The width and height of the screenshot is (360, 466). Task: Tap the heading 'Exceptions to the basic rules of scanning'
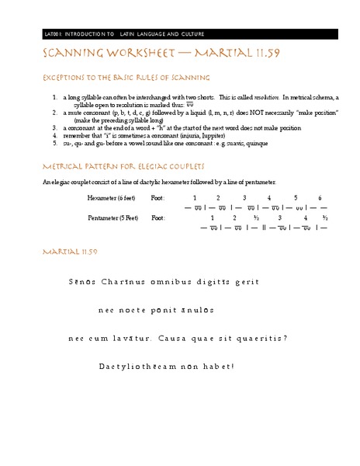[121, 80]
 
